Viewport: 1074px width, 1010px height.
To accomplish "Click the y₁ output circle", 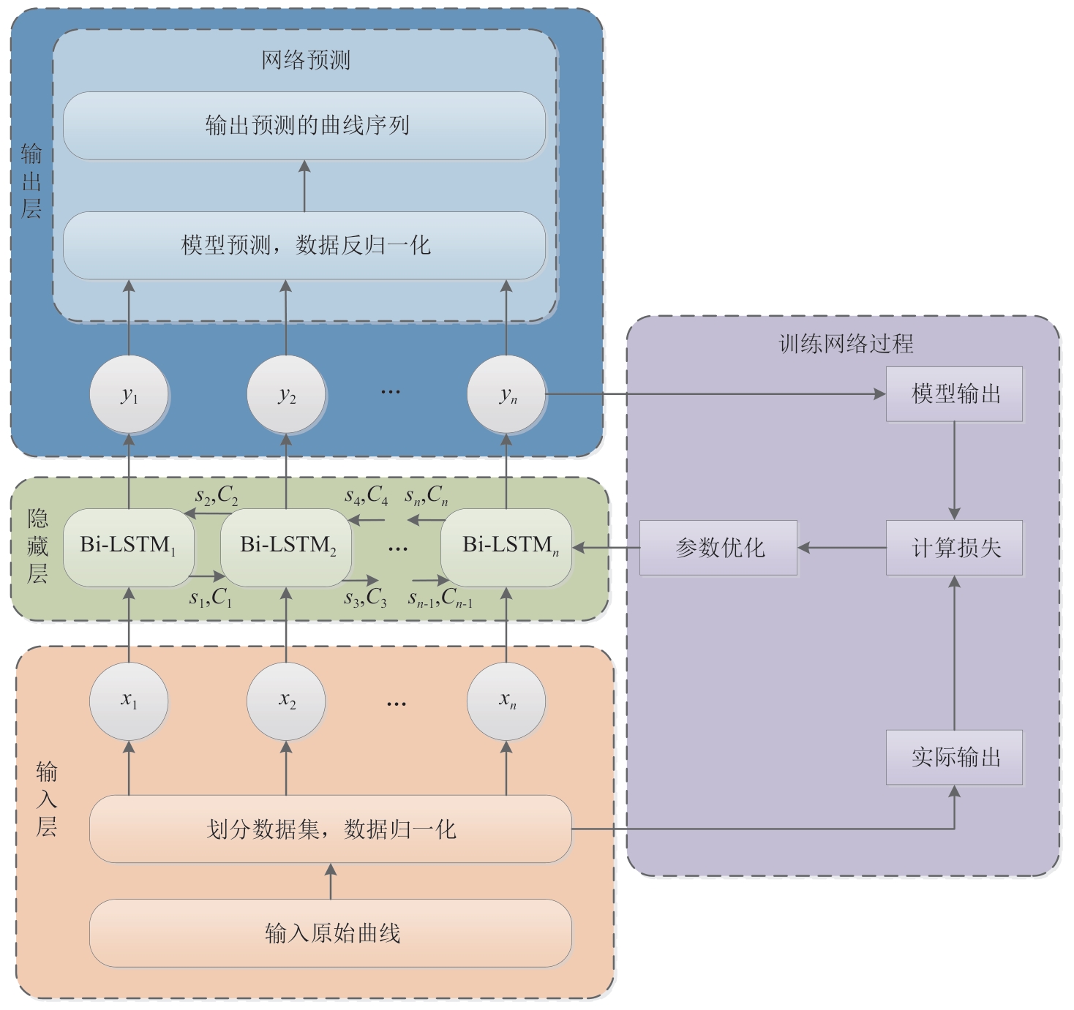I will coord(129,395).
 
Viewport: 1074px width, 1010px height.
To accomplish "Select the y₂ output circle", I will coord(286,395).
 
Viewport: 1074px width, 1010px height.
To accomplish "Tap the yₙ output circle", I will coord(506,395).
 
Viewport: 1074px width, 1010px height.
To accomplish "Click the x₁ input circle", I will coord(129,701).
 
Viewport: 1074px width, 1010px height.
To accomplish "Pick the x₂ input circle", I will coord(286,701).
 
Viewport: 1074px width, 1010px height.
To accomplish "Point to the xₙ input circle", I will coord(506,701).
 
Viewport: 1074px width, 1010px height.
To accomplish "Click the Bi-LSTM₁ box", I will coord(129,546).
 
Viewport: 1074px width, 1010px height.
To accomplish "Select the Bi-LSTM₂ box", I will coord(286,546).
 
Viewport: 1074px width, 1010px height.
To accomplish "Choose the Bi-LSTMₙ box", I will coord(506,546).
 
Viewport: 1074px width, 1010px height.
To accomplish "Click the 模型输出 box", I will coord(954,394).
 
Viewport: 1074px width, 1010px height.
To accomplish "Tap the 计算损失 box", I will coord(954,547).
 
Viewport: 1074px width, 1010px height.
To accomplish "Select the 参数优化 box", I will coord(718,547).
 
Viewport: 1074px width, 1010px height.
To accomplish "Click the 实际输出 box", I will coord(954,757).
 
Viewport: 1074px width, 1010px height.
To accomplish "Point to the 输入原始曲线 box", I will coord(331,932).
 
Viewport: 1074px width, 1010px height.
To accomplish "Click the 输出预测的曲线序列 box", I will coord(304,125).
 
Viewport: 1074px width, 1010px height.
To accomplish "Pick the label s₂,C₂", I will coord(217,497).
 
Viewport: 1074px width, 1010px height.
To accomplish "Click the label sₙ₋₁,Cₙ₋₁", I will coord(440,599).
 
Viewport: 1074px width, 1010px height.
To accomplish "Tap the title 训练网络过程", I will coord(846,344).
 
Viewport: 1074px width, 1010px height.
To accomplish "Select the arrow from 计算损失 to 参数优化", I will coord(841,547).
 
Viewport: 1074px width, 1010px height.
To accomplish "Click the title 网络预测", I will coord(306,60).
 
